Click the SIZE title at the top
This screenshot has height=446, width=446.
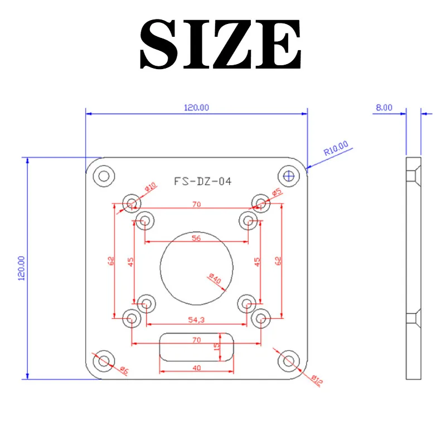[221, 45]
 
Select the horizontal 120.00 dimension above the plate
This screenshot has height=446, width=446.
[196, 108]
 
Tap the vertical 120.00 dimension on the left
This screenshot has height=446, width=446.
[21, 268]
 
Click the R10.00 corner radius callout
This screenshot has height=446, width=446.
[336, 148]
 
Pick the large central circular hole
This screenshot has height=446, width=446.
[196, 268]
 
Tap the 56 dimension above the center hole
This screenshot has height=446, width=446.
[196, 237]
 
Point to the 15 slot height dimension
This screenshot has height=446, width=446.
[217, 346]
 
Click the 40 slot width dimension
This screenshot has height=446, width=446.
[196, 368]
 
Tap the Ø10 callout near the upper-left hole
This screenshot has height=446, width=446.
[149, 188]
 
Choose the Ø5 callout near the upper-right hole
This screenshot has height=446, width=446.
[277, 192]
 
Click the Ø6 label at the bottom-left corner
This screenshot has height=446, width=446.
[124, 370]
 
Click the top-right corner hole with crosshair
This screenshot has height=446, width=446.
[289, 176]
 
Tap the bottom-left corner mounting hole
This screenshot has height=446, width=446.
[104, 361]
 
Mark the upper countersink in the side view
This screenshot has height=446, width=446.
[413, 176]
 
